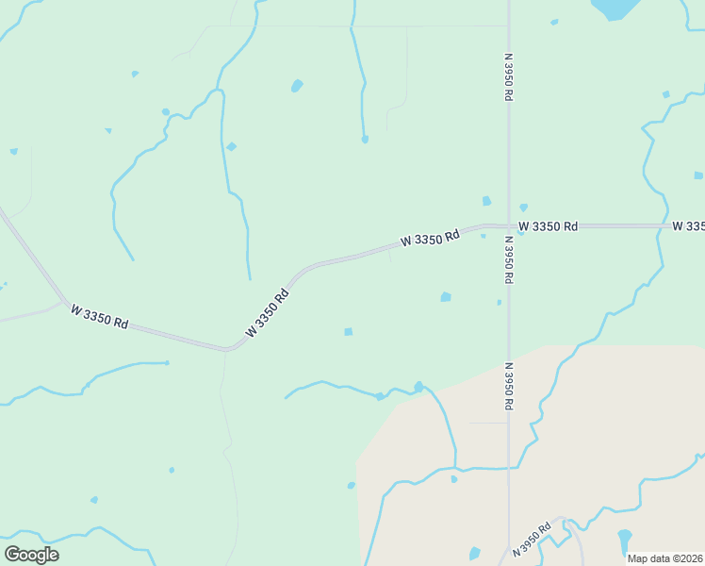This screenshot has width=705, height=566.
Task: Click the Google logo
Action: coord(31,555)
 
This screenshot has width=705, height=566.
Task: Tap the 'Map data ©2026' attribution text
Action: coord(665,558)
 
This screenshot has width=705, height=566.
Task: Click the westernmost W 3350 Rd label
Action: coord(99,316)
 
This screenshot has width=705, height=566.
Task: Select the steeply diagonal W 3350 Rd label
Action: coord(267,312)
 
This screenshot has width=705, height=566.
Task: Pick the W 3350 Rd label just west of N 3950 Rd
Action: coord(429,237)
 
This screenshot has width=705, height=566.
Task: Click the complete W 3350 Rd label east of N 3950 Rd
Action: coord(548,226)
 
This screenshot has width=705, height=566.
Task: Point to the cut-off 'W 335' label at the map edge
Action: coord(689,226)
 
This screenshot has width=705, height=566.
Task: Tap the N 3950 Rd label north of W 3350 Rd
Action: coord(509,76)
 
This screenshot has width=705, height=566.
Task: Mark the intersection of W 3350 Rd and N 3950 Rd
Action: coord(509,226)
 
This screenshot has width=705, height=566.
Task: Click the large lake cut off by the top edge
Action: coord(615,8)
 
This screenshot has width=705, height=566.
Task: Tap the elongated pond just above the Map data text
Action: coord(624,541)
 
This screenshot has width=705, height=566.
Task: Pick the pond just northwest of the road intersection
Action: coord(486,201)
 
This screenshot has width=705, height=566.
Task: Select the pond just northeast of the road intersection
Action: coord(523,208)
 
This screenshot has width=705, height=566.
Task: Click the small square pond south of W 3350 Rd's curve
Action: coord(348,331)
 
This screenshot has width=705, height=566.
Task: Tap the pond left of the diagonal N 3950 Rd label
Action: coord(474,554)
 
